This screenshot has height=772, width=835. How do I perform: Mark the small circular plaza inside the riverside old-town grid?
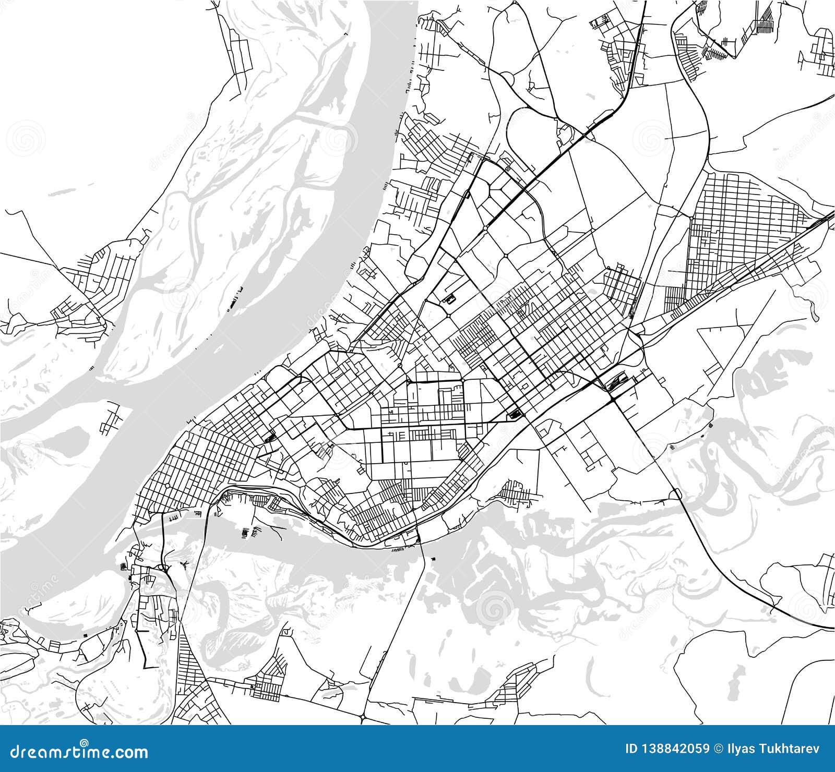(168, 486)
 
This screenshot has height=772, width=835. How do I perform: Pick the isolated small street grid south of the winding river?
(517, 492)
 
